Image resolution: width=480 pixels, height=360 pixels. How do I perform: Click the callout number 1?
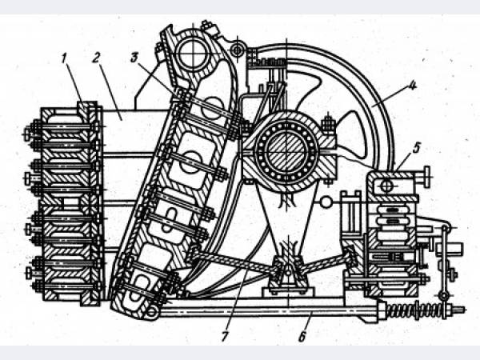(64, 58)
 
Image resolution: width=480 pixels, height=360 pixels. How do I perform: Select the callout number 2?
(96, 58)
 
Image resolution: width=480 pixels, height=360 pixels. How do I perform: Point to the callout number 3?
(134, 58)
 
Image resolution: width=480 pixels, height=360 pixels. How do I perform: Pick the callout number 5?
(416, 149)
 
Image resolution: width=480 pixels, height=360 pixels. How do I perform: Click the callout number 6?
(302, 337)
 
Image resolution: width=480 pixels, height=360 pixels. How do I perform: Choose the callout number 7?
(224, 337)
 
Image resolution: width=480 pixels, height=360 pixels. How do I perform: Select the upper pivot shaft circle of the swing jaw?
(193, 54)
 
